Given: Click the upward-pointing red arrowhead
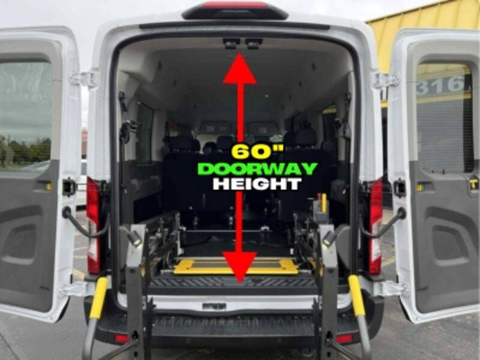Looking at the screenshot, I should pyautogui.click(x=240, y=69).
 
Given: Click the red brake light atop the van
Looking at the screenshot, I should pyautogui.click(x=235, y=5).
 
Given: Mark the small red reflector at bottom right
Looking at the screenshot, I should pyautogui.click(x=344, y=338).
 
